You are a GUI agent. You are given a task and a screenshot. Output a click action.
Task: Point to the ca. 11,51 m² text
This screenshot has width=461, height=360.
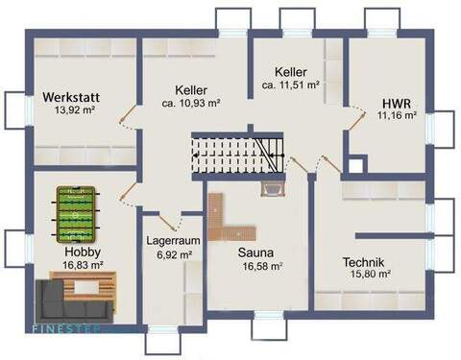tap(290, 84)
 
